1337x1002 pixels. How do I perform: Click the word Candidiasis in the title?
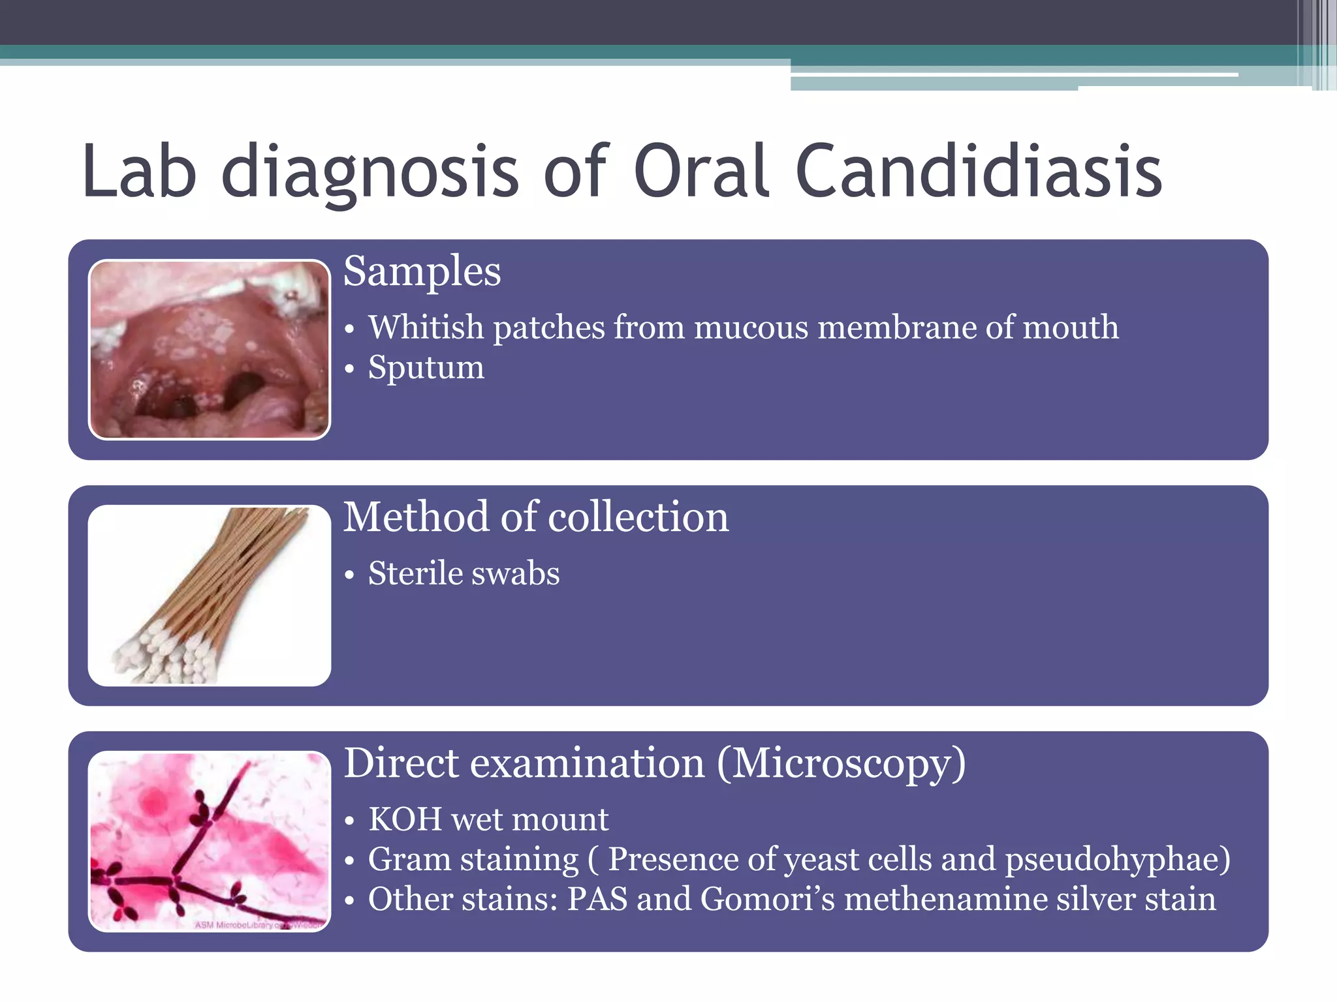[x=979, y=172]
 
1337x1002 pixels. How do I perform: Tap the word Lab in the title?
[x=139, y=172]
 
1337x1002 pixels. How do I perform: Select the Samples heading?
[x=422, y=271]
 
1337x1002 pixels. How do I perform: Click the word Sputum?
[x=426, y=368]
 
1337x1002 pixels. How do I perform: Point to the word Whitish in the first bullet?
[x=426, y=327]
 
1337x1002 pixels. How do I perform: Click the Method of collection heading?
[x=535, y=517]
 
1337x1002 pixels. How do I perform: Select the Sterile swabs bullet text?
[x=464, y=574]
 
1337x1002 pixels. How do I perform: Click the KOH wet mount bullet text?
[x=488, y=819]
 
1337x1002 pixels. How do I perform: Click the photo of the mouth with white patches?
[x=209, y=350]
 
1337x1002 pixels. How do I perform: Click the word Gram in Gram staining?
[x=409, y=860]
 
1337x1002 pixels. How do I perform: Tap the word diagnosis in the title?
[x=370, y=172]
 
